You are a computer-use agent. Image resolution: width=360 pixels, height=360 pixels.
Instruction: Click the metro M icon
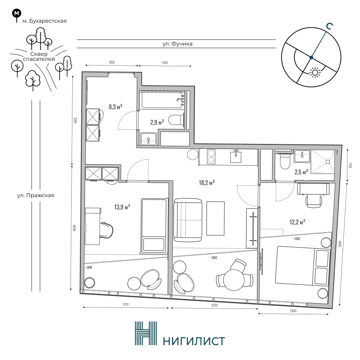point(17,14)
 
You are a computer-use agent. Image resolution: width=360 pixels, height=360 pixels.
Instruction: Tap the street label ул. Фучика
point(177,44)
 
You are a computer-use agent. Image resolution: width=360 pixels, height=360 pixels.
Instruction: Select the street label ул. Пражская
point(36,195)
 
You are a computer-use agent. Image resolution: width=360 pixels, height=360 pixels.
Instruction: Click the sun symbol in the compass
point(315,73)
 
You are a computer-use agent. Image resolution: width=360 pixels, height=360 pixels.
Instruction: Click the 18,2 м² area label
point(207,183)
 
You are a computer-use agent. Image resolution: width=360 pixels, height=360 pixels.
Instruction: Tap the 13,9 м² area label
point(122,207)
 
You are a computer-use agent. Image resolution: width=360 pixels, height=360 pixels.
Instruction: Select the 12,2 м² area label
point(297,222)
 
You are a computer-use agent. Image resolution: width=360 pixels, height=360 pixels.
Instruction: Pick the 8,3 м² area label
point(116,107)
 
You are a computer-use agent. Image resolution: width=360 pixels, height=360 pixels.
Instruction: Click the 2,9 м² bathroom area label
point(157,122)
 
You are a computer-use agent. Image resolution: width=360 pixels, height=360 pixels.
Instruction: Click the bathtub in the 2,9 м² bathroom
point(163,100)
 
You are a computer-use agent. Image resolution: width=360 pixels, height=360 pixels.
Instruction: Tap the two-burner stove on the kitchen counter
point(211,156)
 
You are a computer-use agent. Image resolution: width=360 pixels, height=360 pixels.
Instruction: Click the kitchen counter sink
point(236,156)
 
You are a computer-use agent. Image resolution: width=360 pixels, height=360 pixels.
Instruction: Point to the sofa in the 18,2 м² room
point(188,220)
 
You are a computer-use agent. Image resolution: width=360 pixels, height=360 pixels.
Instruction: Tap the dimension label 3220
point(214,305)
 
